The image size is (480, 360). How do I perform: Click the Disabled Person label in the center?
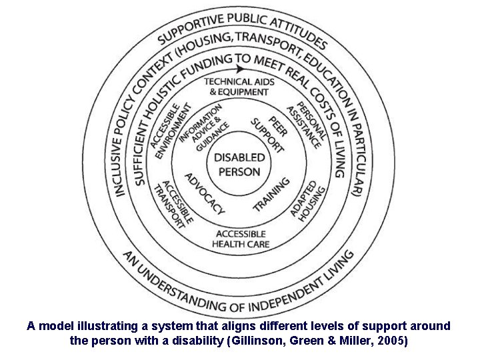[240, 164]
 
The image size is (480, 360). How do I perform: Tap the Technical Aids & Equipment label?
[239, 87]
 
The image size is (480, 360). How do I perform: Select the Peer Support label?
[269, 133]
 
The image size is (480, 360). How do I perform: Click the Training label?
[271, 194]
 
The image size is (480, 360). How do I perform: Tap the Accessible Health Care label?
[241, 239]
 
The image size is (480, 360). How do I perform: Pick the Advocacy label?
[204, 193]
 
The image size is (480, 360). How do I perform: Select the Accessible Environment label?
[170, 130]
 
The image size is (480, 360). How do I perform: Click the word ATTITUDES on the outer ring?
[301, 30]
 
